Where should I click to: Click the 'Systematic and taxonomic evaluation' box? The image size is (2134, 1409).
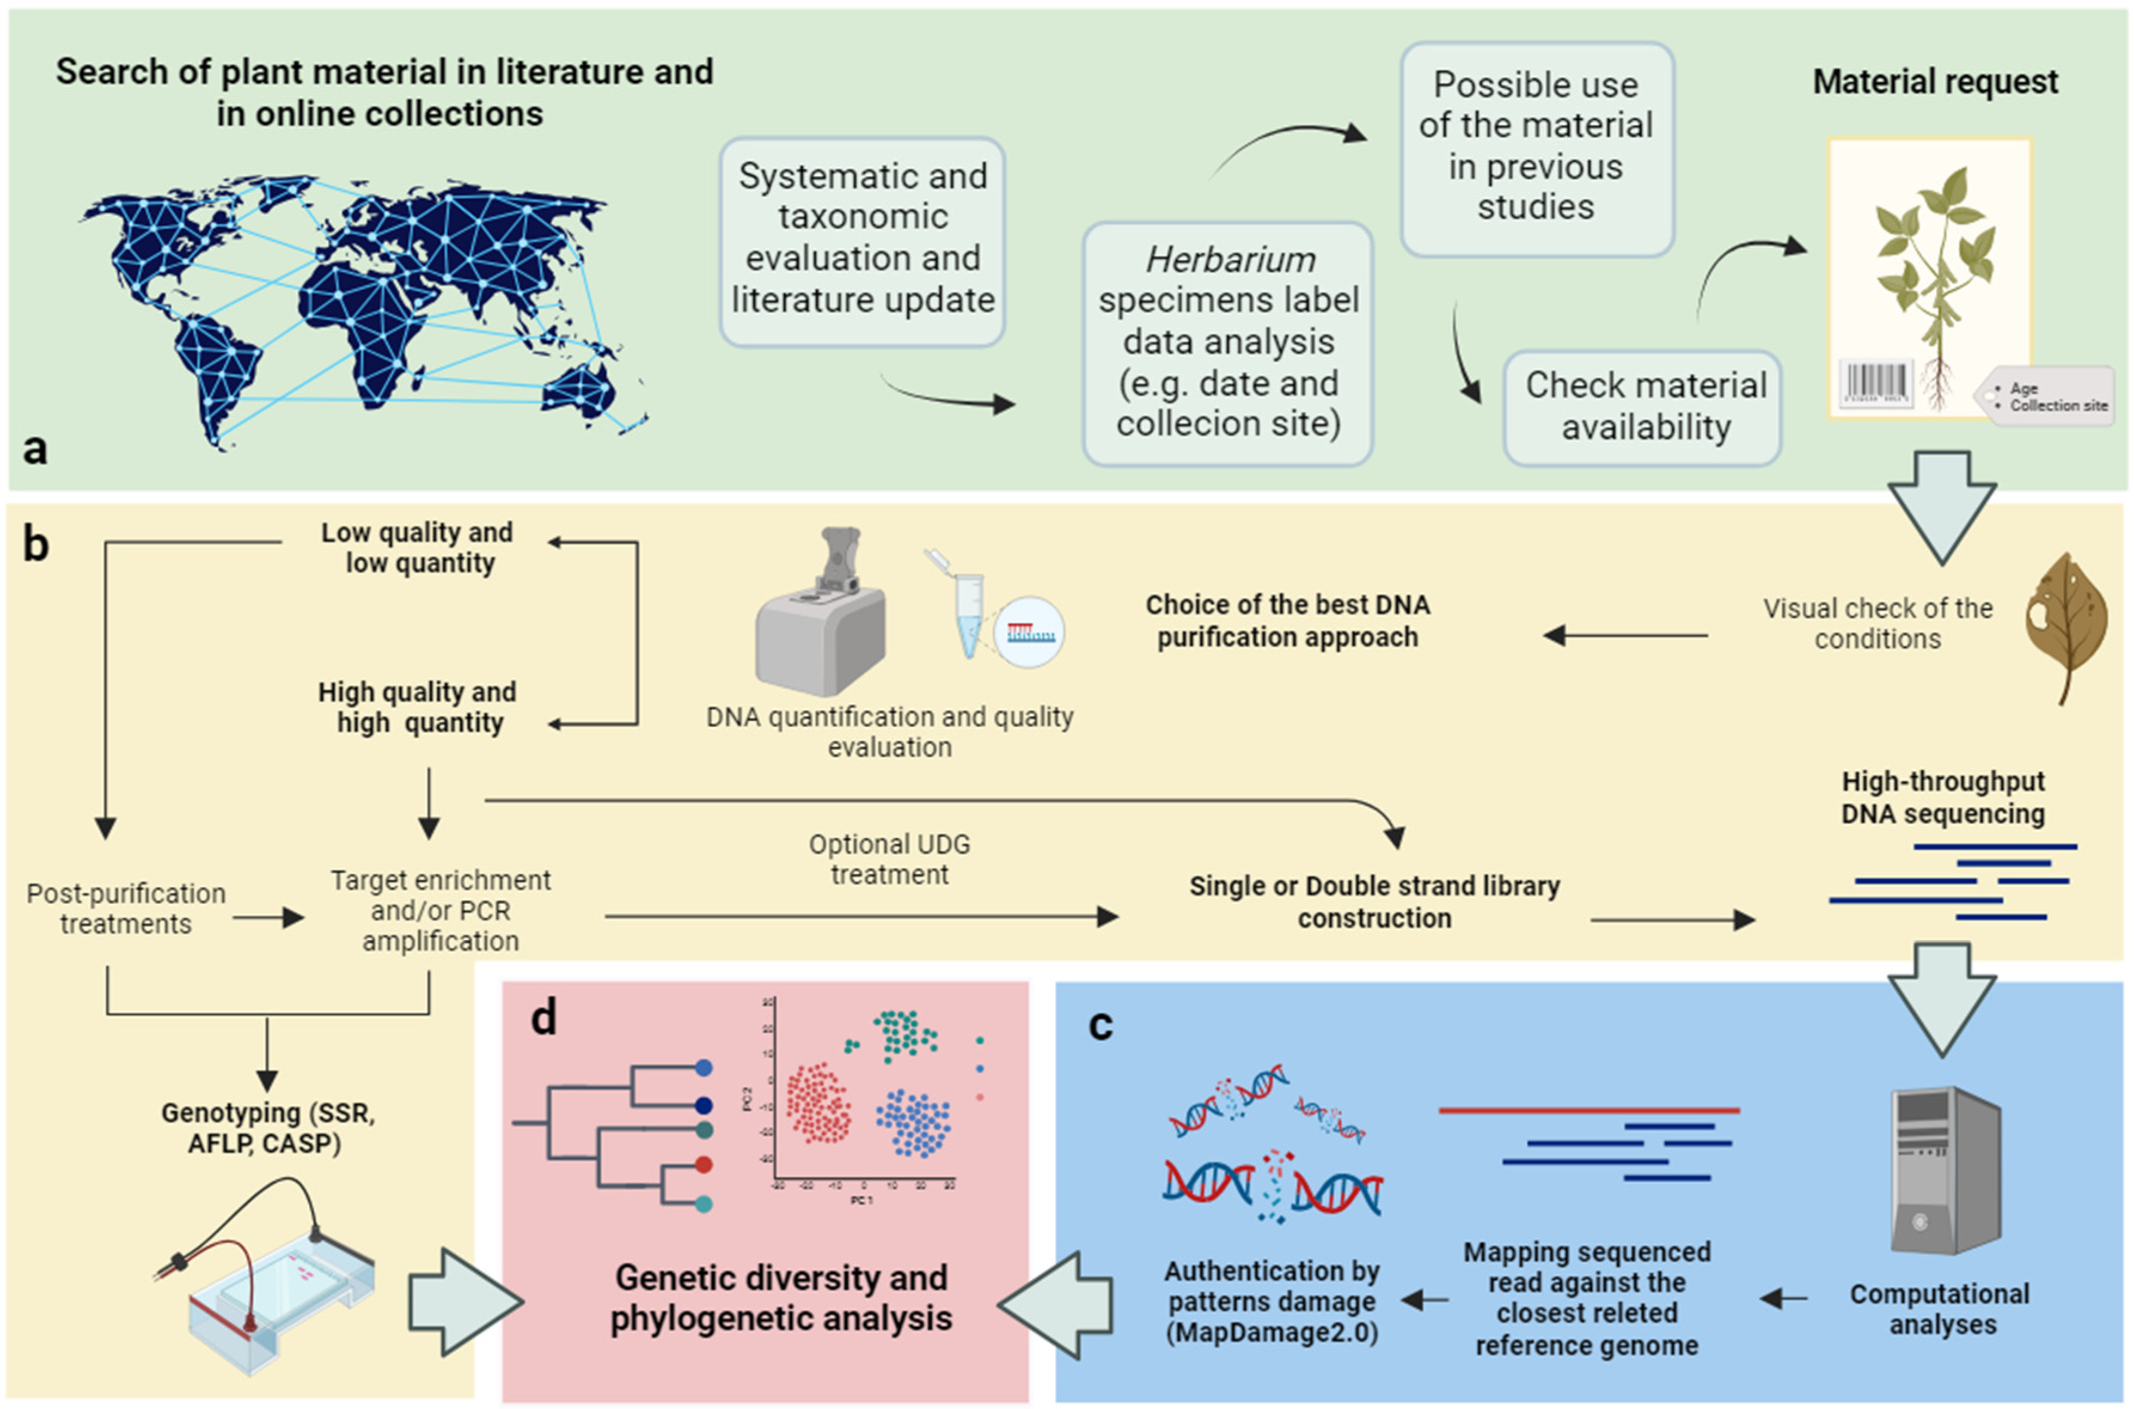click(862, 239)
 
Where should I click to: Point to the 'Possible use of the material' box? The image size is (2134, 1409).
click(1536, 146)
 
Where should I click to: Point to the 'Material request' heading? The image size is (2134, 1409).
click(1934, 82)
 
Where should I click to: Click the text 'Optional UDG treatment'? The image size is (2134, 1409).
click(889, 859)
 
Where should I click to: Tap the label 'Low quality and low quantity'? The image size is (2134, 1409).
click(418, 547)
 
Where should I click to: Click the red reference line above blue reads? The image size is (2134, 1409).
click(1589, 1111)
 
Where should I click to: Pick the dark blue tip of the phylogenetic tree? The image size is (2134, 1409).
click(704, 1105)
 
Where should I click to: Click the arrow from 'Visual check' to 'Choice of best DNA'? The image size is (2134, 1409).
click(1625, 635)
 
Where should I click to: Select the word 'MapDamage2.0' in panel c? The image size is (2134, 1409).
click(1272, 1332)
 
